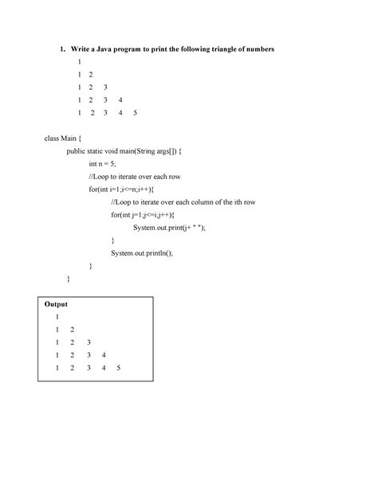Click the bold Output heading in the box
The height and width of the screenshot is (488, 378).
pyautogui.click(x=57, y=304)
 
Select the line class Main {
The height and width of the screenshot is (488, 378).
pyautogui.click(x=62, y=139)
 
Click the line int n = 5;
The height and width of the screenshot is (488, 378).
pyautogui.click(x=103, y=164)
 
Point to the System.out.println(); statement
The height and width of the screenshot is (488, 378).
pyautogui.click(x=141, y=253)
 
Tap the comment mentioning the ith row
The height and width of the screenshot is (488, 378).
pyautogui.click(x=183, y=202)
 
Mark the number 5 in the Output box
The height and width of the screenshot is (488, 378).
pyautogui.click(x=118, y=368)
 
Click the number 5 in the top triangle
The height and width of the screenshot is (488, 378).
pyautogui.click(x=136, y=113)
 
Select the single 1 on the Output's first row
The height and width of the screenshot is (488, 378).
pyautogui.click(x=57, y=317)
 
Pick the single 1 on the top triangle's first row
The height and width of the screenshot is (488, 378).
pyautogui.click(x=79, y=62)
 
